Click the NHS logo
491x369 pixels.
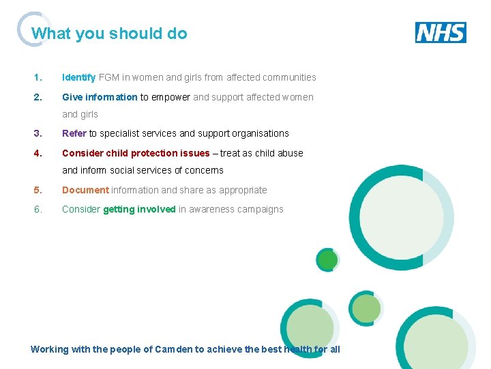(x=441, y=32)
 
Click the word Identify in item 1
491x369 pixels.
(x=79, y=78)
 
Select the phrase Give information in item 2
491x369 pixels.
(x=100, y=97)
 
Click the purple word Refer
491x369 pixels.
(x=74, y=133)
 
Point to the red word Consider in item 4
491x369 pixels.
(x=83, y=153)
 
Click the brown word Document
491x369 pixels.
(x=85, y=190)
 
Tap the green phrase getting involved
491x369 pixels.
(x=139, y=209)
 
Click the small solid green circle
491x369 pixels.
(x=328, y=260)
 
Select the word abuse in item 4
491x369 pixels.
(x=291, y=153)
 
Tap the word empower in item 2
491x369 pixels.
(x=170, y=97)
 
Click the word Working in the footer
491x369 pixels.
(x=50, y=349)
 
